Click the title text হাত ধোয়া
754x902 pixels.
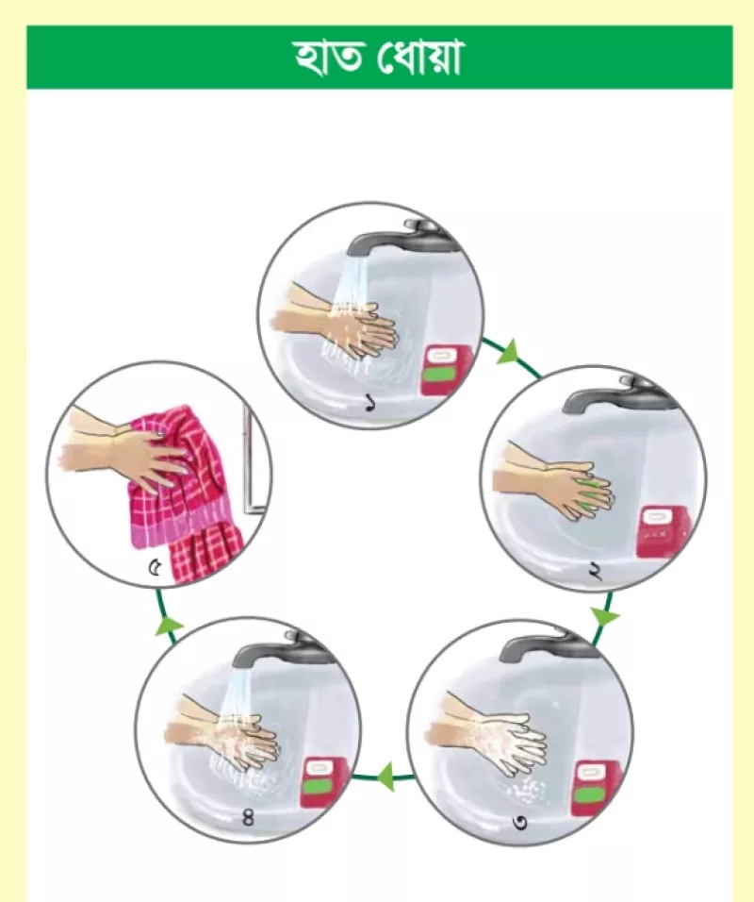[378, 58]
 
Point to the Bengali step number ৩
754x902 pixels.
[519, 822]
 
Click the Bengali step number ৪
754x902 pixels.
[248, 817]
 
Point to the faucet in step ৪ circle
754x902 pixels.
[282, 647]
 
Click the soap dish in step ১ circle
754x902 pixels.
[447, 369]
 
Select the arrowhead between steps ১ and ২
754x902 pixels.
[508, 352]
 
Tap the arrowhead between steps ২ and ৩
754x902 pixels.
[604, 617]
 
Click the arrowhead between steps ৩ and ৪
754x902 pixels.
[385, 777]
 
